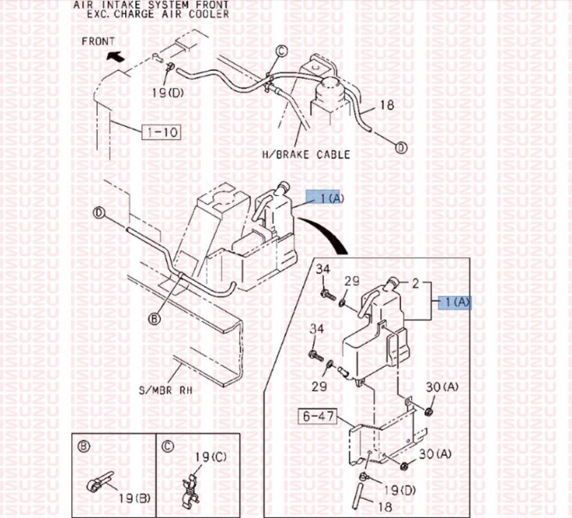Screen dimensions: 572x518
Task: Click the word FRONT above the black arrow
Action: point(98,42)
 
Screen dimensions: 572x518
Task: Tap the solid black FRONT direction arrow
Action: point(115,57)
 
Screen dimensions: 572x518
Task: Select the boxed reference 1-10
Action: point(161,132)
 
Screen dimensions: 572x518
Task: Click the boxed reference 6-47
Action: point(318,416)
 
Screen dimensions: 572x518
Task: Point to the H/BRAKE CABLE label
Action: point(306,155)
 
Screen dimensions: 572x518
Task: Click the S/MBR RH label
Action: point(166,391)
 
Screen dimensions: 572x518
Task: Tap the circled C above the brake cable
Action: point(281,51)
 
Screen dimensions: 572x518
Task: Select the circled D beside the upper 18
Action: point(401,148)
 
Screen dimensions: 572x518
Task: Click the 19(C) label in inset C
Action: point(210,457)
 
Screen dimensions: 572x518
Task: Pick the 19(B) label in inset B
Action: point(135,498)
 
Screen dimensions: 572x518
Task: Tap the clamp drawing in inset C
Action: point(191,489)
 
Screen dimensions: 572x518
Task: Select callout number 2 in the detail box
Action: point(416,283)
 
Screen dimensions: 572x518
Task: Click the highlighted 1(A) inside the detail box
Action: point(455,302)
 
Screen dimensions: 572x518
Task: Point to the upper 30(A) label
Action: point(442,387)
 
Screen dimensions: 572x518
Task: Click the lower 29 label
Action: point(319,386)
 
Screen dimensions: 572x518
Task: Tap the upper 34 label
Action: point(323,270)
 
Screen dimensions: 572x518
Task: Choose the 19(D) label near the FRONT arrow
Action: point(168,93)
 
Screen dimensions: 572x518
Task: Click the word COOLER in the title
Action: point(209,14)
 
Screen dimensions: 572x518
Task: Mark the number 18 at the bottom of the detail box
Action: point(386,507)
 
